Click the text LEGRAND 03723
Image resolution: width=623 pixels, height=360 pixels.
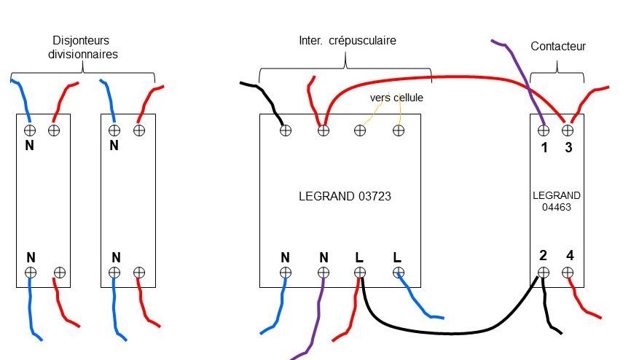[x=339, y=196]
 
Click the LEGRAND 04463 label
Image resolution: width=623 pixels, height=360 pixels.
[x=557, y=201]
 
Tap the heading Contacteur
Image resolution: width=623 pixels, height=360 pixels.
[x=558, y=47]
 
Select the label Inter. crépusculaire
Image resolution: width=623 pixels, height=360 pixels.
[x=348, y=41]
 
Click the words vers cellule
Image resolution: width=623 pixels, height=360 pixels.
[x=396, y=97]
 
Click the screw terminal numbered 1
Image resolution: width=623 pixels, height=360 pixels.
[x=543, y=130]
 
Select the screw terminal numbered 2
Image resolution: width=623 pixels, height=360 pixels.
[x=543, y=272]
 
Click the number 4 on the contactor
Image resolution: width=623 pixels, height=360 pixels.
[x=569, y=256]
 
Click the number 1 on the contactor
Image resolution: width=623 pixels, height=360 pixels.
[x=544, y=148]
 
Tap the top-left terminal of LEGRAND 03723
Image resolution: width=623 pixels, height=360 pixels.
[x=286, y=130]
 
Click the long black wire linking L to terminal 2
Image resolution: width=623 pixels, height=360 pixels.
[x=452, y=333]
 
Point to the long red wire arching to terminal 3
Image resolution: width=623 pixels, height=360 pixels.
[x=437, y=76]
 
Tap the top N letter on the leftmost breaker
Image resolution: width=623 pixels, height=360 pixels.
[x=31, y=146]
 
